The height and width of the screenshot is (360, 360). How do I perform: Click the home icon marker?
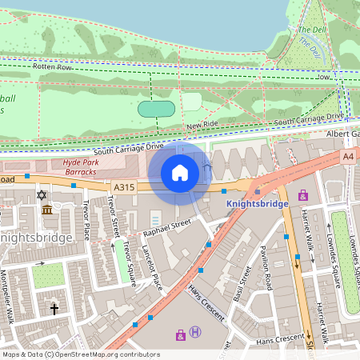coord(180,173)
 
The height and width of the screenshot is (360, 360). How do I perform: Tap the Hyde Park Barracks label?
coord(79,166)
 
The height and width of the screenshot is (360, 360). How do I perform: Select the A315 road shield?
coord(123,187)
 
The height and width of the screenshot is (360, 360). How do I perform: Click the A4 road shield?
coord(347,157)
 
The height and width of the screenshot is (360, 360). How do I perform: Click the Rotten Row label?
coord(53,67)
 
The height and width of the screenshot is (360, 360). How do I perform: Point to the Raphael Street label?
coord(169,227)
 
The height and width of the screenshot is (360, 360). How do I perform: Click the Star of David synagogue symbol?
coord(41,195)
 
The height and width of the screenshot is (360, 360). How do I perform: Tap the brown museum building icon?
coord(47,210)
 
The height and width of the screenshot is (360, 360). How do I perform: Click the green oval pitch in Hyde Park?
coord(157,109)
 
